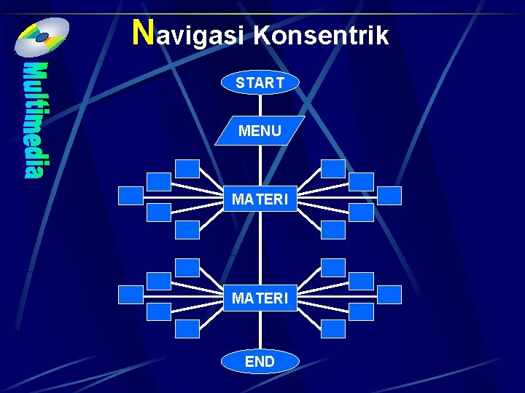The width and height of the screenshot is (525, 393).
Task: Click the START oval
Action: pos(260,83)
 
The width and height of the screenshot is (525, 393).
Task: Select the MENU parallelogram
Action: pos(260,131)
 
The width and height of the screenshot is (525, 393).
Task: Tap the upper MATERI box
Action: pos(260,198)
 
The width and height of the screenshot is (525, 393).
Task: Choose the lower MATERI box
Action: pos(260,298)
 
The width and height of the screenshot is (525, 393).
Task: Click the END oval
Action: pos(260,361)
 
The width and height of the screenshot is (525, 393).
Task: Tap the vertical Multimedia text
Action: pos(34,120)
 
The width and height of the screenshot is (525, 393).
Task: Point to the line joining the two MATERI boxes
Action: pos(260,247)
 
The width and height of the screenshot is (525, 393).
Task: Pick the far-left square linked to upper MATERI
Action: pos(131,195)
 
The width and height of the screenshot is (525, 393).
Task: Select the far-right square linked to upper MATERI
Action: pos(389,195)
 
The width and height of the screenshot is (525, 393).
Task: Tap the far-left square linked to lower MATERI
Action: pos(131,294)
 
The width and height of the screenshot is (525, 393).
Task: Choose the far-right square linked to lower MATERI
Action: pos(389,294)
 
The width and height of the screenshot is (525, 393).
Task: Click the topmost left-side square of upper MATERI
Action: pos(187,169)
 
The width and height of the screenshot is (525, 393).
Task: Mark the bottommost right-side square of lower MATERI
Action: pos(333,329)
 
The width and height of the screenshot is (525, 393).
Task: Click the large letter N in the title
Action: pos(144,31)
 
